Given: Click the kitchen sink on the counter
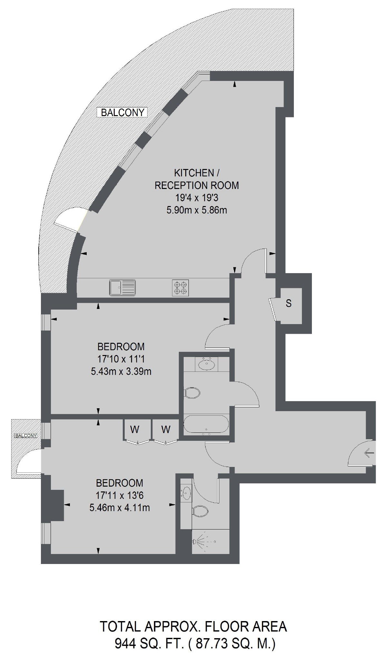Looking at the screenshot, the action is (122, 287).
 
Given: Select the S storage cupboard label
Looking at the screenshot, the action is (289, 303).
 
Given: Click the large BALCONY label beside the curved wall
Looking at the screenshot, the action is (122, 113).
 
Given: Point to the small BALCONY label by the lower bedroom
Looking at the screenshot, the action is (26, 435).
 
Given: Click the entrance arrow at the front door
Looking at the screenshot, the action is (369, 454).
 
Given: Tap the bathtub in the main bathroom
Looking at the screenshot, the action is (206, 425).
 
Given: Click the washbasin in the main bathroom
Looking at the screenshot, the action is (206, 364).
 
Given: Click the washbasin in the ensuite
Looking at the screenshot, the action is (187, 492).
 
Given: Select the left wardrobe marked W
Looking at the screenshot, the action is (135, 430).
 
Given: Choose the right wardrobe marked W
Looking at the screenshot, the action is (166, 430).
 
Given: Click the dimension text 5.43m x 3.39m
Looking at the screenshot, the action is (121, 371).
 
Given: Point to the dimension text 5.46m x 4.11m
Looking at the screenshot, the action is (120, 508).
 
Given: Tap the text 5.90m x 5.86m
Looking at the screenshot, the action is (197, 210).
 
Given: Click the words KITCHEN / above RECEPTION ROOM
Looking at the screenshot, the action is (197, 173).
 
